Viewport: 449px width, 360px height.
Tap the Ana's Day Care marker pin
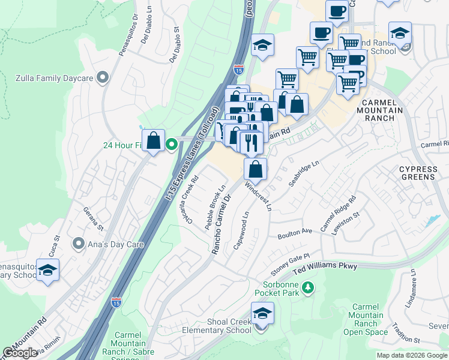tap(78, 244)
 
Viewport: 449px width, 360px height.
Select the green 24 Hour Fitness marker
tap(171, 144)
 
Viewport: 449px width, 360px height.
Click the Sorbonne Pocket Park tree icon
tap(308, 288)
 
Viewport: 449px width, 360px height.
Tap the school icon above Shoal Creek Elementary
tap(262, 314)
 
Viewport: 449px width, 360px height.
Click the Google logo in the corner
tap(20, 353)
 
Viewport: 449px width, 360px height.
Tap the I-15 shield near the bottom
tap(116, 299)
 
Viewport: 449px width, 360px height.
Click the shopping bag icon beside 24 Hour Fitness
tap(154, 142)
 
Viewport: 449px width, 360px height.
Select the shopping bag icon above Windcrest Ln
tap(255, 169)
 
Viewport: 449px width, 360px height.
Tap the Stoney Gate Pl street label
tap(289, 262)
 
